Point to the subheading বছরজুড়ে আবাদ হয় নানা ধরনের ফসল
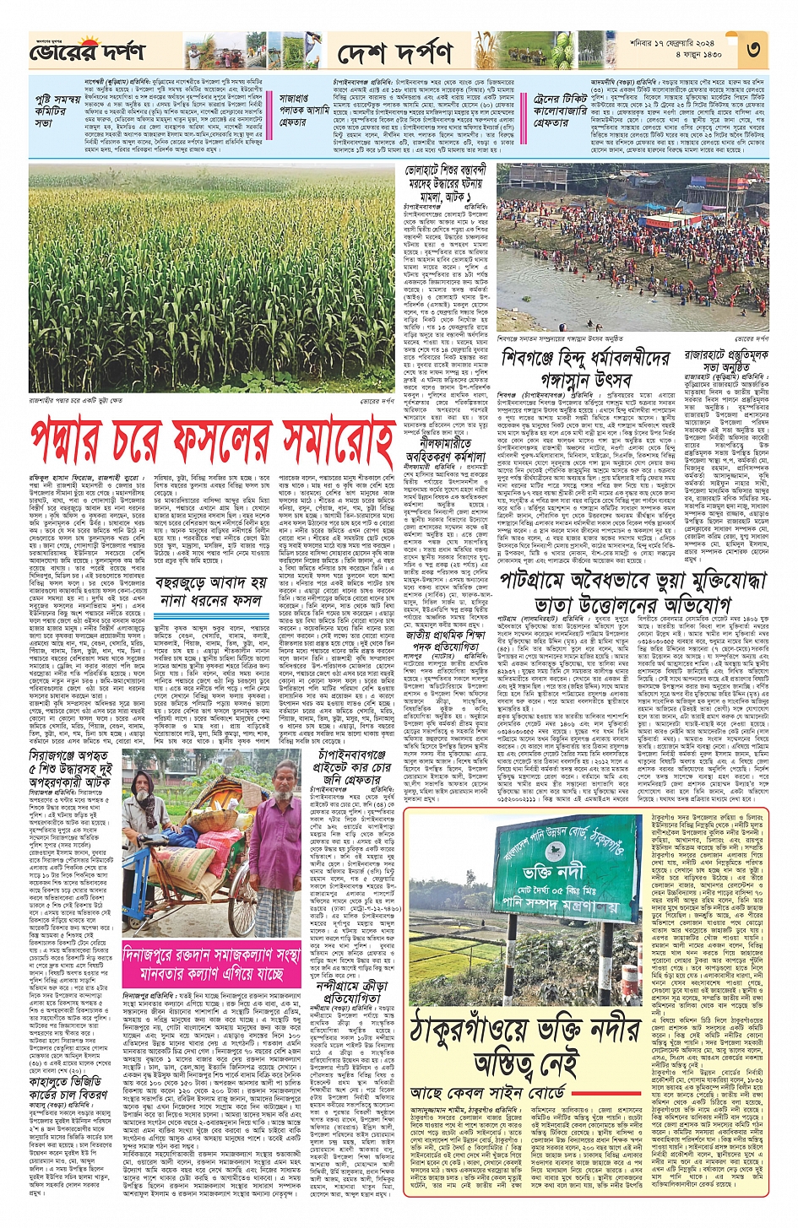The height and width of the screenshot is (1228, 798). tap(211, 592)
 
